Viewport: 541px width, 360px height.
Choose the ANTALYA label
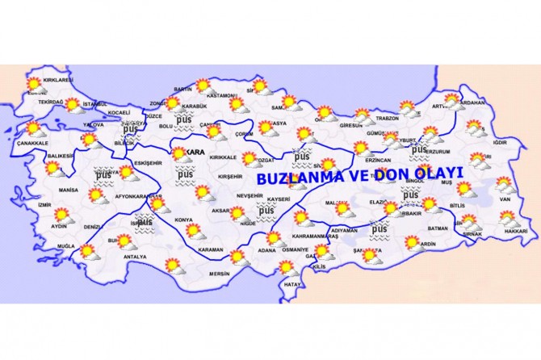pyautogui.click(x=135, y=257)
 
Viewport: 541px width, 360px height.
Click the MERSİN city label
pyautogui.click(x=220, y=273)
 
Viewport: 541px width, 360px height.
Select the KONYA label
pyautogui.click(x=184, y=220)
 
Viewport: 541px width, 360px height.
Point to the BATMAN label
pyautogui.click(x=438, y=228)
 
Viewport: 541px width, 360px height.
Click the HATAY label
pyautogui.click(x=291, y=284)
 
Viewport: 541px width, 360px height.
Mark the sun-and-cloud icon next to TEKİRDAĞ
pyautogui.click(x=73, y=105)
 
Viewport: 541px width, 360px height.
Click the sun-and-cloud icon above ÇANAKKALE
pyautogui.click(x=33, y=128)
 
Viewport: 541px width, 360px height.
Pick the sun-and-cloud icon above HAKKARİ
pyautogui.click(x=508, y=218)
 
